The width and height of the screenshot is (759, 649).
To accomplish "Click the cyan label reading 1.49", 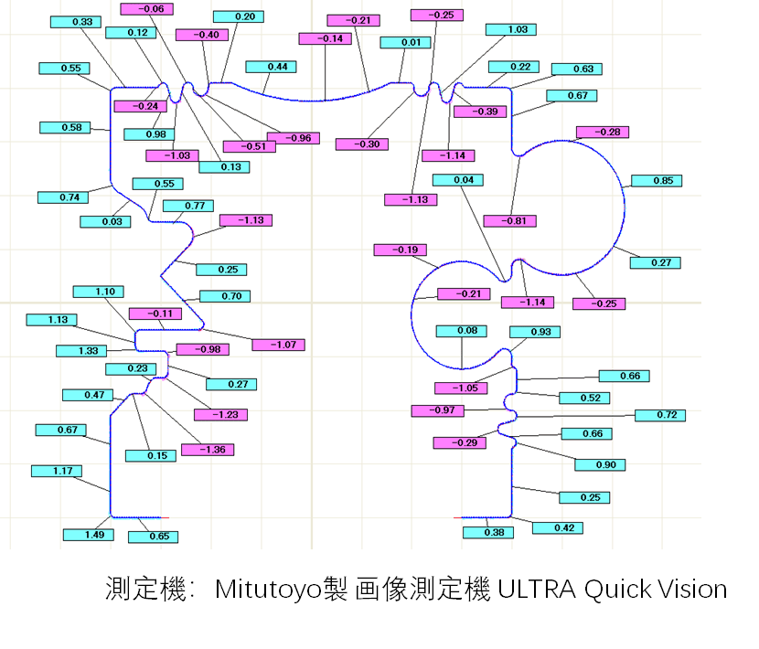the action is click(89, 535).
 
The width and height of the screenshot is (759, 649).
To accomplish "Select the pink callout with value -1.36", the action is click(208, 450).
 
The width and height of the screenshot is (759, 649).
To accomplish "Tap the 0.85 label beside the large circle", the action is click(657, 180).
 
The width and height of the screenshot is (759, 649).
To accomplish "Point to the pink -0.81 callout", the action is click(510, 221).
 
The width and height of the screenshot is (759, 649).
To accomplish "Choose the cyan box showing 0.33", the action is click(76, 22).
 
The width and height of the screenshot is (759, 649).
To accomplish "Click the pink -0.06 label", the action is click(146, 9).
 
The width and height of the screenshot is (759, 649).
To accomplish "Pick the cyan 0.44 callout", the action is click(271, 67).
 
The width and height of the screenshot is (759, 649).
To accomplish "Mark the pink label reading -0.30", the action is click(362, 144).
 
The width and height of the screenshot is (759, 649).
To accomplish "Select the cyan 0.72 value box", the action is click(660, 415).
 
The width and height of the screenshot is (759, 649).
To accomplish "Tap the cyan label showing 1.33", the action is click(81, 351).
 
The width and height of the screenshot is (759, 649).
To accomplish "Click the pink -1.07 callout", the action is click(278, 345).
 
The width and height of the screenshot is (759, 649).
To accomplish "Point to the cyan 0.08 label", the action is click(461, 331).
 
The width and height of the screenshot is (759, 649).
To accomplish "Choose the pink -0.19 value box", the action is click(401, 250).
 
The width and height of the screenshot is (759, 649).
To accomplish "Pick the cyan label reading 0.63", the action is click(577, 69).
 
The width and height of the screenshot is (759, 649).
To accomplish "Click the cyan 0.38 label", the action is click(488, 532).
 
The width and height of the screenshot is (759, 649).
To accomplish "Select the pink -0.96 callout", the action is click(294, 138).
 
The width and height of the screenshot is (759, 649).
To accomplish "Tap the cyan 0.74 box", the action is click(63, 197).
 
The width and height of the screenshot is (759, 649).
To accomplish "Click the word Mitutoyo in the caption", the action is click(268, 590).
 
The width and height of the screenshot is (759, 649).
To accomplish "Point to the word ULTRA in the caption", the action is click(537, 590).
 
